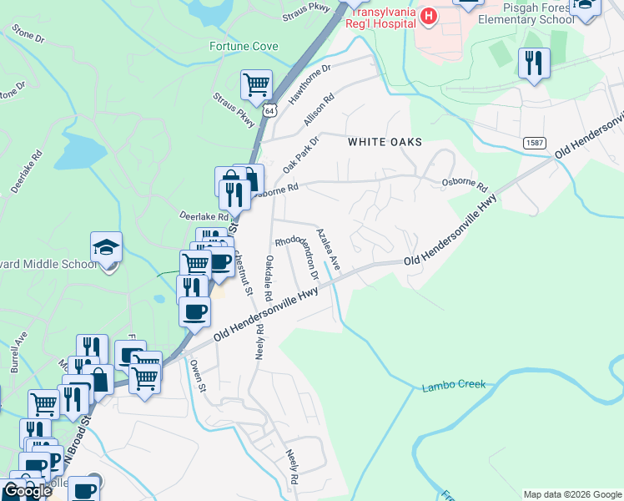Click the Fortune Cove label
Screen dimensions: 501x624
click(x=244, y=46)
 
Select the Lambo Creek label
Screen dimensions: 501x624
click(x=453, y=386)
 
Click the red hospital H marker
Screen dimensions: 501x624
click(x=428, y=16)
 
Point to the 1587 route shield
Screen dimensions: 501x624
click(x=536, y=144)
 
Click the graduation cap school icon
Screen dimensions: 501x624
click(x=107, y=247)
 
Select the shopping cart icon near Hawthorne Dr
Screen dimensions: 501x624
click(x=256, y=83)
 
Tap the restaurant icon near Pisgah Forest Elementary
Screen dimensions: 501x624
click(x=533, y=63)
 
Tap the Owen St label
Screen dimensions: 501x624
click(x=198, y=375)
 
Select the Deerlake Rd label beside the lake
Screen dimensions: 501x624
click(x=26, y=172)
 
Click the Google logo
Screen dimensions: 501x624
click(x=27, y=490)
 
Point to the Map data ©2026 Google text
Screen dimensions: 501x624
click(x=572, y=494)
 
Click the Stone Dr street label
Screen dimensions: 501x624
click(x=28, y=33)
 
